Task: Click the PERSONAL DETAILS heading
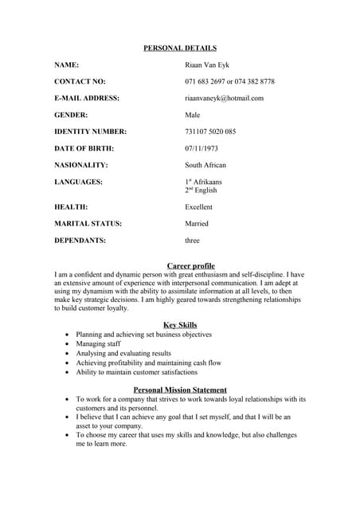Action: [x=180, y=49]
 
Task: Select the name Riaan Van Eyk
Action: [x=206, y=65]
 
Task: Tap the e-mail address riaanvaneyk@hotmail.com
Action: [x=224, y=98]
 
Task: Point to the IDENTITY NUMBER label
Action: [x=90, y=131]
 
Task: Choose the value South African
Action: [x=205, y=165]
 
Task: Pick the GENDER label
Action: [x=71, y=115]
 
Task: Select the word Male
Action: [x=193, y=115]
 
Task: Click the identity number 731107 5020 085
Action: [x=210, y=131]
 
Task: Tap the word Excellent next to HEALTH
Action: [x=200, y=206]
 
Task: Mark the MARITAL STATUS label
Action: [x=88, y=224]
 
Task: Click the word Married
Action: [x=197, y=224]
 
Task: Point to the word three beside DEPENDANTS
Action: [x=192, y=241]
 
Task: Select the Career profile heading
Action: [x=191, y=265]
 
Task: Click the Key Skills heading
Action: [x=180, y=325]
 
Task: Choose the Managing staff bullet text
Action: [x=98, y=343]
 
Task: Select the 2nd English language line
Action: [x=201, y=190]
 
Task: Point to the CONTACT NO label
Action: [x=80, y=81]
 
